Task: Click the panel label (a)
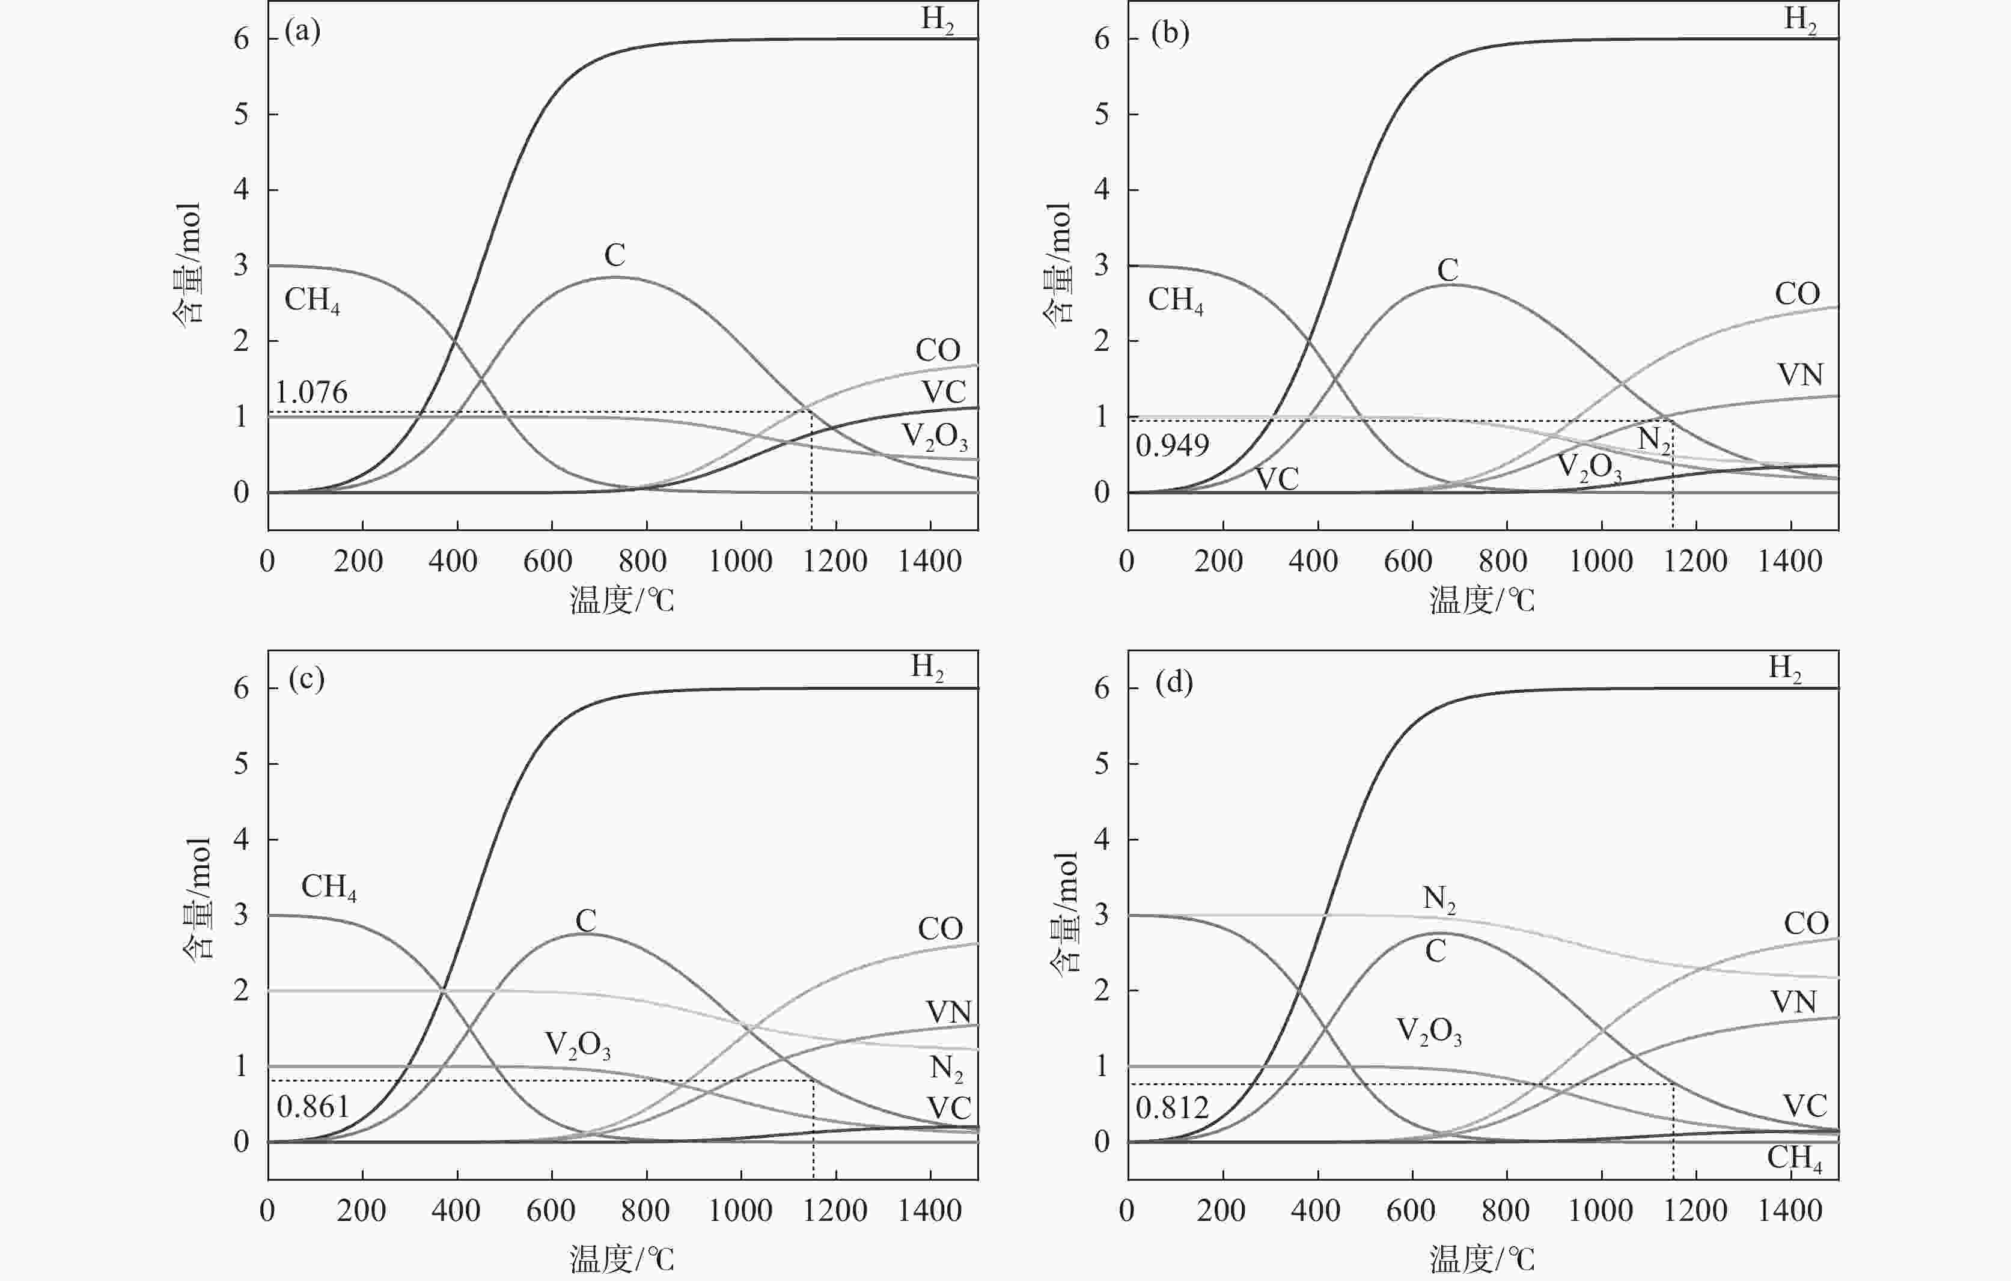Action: [x=302, y=32]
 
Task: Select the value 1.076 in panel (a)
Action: [x=311, y=392]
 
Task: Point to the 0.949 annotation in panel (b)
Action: [x=1172, y=446]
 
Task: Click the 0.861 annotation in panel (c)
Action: [x=313, y=1107]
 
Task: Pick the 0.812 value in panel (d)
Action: [x=1172, y=1108]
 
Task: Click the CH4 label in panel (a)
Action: [x=311, y=300]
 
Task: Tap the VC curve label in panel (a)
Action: [x=944, y=392]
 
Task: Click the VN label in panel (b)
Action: [x=1799, y=375]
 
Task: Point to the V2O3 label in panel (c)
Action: [x=577, y=1045]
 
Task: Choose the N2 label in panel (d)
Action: [x=1439, y=898]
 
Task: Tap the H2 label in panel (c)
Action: [x=927, y=667]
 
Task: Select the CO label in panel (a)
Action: [x=937, y=350]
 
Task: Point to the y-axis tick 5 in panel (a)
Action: [x=242, y=114]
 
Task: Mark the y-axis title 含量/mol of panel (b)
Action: [x=1058, y=264]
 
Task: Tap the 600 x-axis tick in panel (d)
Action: [x=1410, y=1210]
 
